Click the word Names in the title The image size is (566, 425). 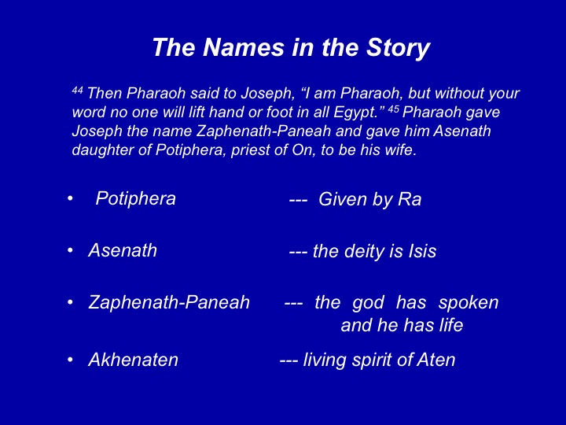244,47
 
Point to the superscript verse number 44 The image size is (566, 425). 77,90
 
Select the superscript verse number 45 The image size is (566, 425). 393,109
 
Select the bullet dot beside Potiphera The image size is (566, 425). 70,198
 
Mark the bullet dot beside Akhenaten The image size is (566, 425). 70,360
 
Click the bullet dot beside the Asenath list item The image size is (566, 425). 70,250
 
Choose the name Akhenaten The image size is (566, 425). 133,360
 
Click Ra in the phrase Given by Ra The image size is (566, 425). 410,199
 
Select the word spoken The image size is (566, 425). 469,303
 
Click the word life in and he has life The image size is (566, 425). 451,325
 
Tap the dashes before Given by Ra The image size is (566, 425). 298,200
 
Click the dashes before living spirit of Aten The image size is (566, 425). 289,360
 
